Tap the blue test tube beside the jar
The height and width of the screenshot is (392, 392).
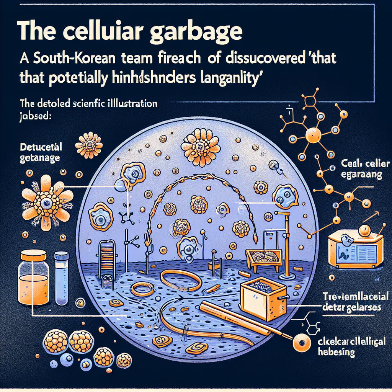61,273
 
